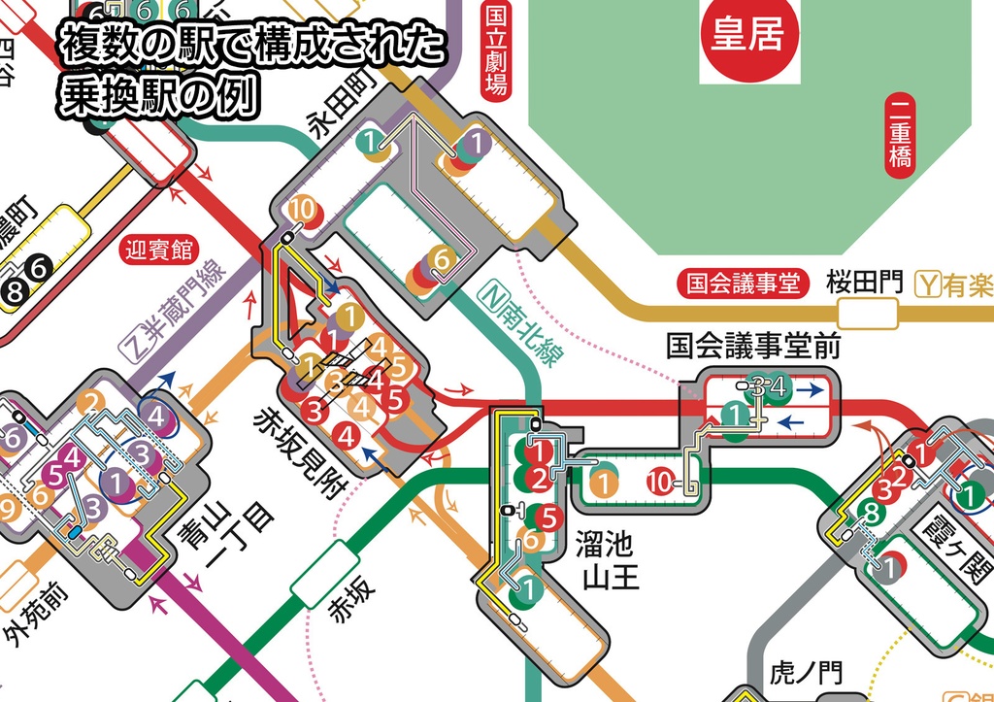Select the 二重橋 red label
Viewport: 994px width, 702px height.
pos(900,134)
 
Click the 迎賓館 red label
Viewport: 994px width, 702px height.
pos(159,251)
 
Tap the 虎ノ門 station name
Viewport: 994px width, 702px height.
pos(806,672)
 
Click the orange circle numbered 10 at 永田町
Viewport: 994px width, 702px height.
pos(302,209)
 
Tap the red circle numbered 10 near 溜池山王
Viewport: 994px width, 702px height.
pos(660,481)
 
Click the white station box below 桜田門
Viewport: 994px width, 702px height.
pos(867,314)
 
